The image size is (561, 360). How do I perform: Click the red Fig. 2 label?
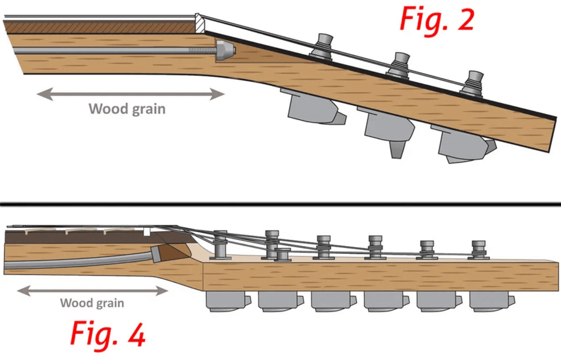[436, 19]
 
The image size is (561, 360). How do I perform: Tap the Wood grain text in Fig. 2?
[127, 108]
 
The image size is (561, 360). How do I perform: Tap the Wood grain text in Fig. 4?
[92, 303]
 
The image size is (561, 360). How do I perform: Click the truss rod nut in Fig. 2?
[226, 52]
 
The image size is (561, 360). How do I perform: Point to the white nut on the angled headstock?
[199, 22]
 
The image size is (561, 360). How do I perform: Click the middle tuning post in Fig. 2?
[399, 64]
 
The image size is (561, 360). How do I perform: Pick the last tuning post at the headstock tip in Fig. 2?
[473, 82]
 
